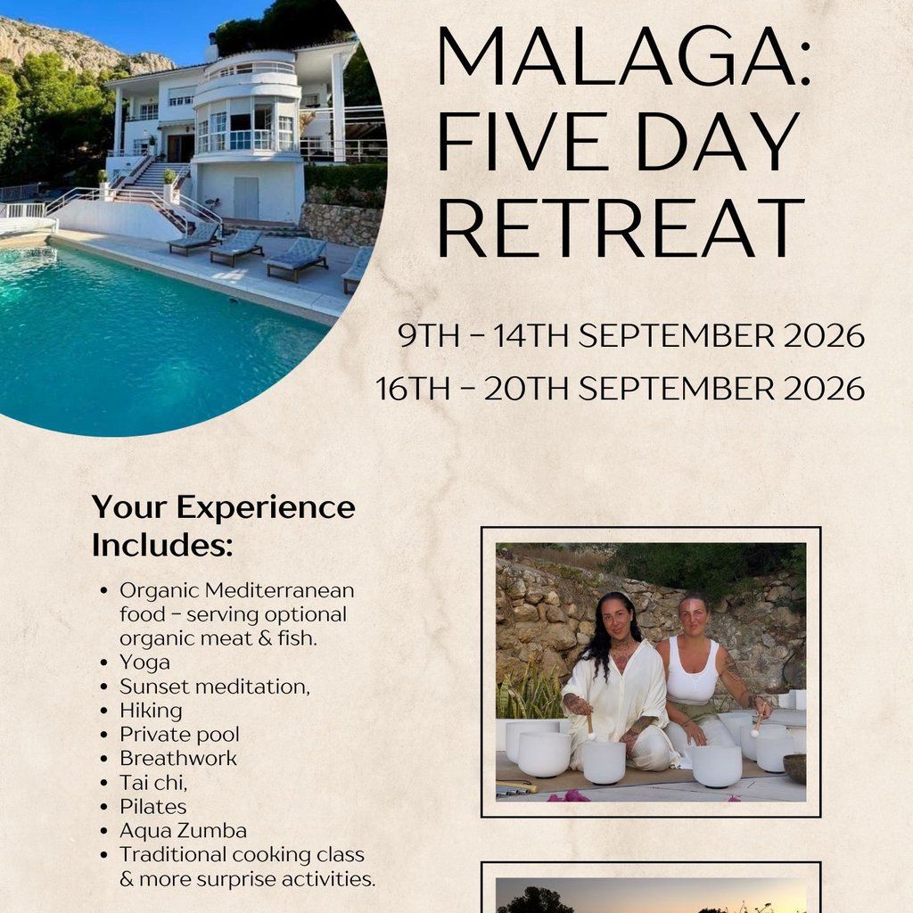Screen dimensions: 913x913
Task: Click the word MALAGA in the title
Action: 617,56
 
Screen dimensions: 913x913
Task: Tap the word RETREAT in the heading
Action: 621,227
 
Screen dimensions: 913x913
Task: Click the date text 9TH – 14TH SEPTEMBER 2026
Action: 631,335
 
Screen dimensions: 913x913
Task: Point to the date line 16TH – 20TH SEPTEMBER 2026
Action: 621,389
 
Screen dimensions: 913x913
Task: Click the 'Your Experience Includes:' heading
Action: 224,526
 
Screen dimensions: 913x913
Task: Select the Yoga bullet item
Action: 145,662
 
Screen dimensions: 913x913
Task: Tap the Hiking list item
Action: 151,711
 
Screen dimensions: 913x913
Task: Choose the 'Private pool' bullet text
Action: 179,735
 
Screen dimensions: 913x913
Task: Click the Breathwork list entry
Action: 178,758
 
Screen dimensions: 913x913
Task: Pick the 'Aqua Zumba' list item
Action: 184,830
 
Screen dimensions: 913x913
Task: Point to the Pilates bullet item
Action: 153,806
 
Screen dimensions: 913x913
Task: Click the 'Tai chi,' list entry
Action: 153,783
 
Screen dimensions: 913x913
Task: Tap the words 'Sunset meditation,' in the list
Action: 215,687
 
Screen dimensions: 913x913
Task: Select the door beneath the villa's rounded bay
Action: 246,198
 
